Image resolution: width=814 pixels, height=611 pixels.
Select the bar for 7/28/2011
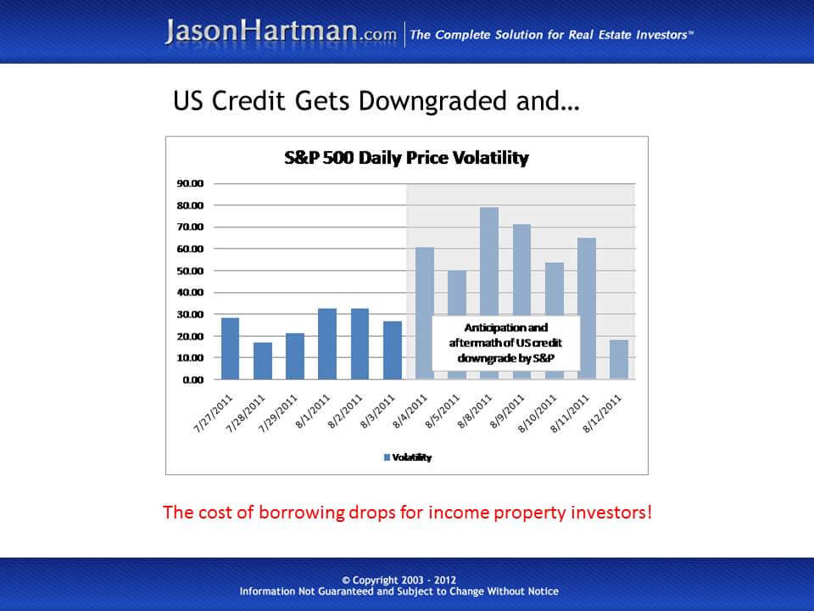click(x=263, y=361)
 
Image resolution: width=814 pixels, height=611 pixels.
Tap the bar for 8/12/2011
click(x=619, y=359)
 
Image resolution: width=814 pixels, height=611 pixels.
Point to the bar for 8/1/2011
click(x=327, y=344)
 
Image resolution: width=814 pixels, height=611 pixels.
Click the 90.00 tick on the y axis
click(x=190, y=183)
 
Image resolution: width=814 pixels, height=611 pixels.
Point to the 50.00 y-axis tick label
click(x=190, y=271)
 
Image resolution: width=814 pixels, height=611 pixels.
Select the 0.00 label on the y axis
click(x=192, y=379)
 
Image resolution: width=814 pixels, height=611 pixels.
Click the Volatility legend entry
click(x=408, y=457)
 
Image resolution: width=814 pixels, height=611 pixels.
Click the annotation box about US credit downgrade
click(x=505, y=343)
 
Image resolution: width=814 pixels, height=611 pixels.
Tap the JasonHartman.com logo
click(x=281, y=32)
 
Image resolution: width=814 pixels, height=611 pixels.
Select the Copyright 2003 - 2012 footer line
click(x=399, y=580)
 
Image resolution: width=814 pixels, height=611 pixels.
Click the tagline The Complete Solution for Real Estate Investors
click(x=552, y=35)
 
